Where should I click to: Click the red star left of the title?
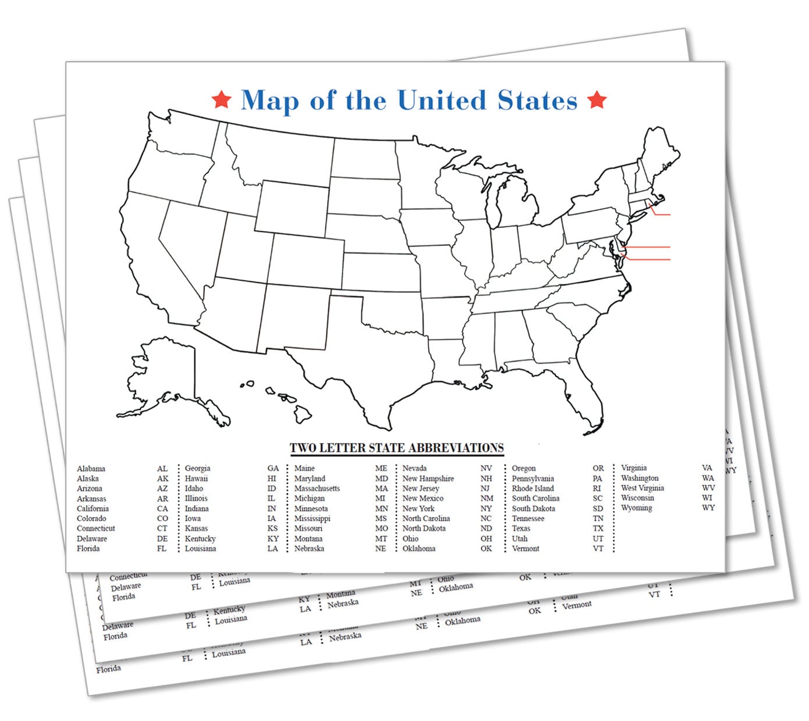(x=221, y=99)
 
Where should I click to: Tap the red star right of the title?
(x=597, y=99)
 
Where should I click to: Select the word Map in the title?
(x=269, y=100)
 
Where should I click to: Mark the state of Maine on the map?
(x=661, y=157)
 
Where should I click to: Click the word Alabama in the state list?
(x=91, y=469)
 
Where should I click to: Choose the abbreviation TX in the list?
(x=598, y=529)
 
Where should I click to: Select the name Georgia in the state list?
(x=197, y=468)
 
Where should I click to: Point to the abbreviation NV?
(x=486, y=468)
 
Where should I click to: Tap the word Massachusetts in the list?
(x=317, y=488)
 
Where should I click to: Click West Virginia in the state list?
(x=642, y=488)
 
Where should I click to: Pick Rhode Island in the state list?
(x=533, y=488)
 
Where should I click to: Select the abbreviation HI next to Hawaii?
(x=272, y=479)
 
